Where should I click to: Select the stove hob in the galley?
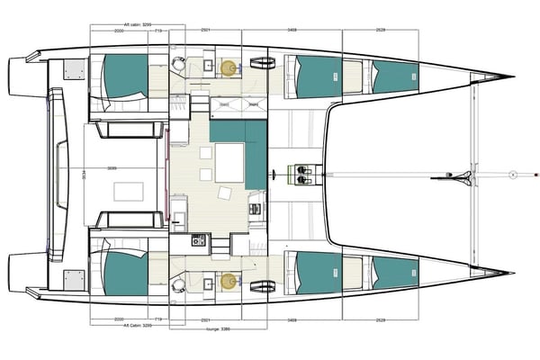(x=197, y=241)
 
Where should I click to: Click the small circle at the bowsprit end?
(x=511, y=174)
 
